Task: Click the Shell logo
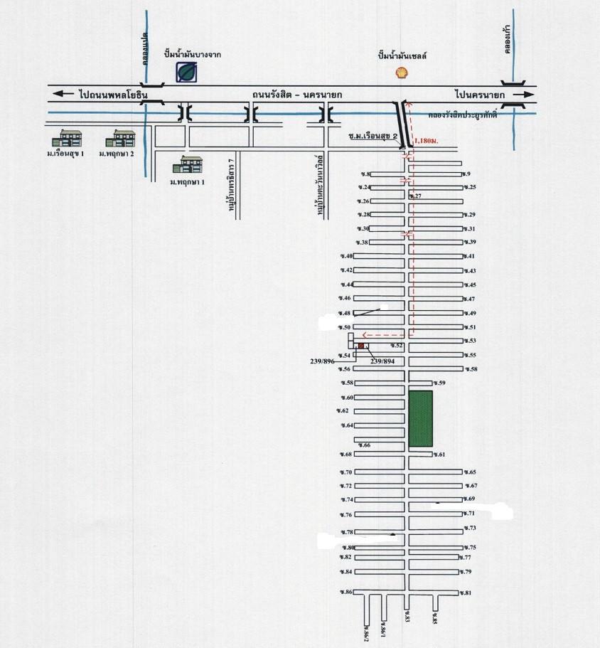point(402,72)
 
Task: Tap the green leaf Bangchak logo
point(188,71)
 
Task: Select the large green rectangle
point(420,419)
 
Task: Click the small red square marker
point(361,346)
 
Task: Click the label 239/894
point(386,361)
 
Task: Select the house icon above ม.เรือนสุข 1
point(71,138)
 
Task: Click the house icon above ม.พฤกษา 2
point(123,138)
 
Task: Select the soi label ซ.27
point(417,196)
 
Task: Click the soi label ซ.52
point(396,345)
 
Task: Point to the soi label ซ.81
point(466,593)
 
